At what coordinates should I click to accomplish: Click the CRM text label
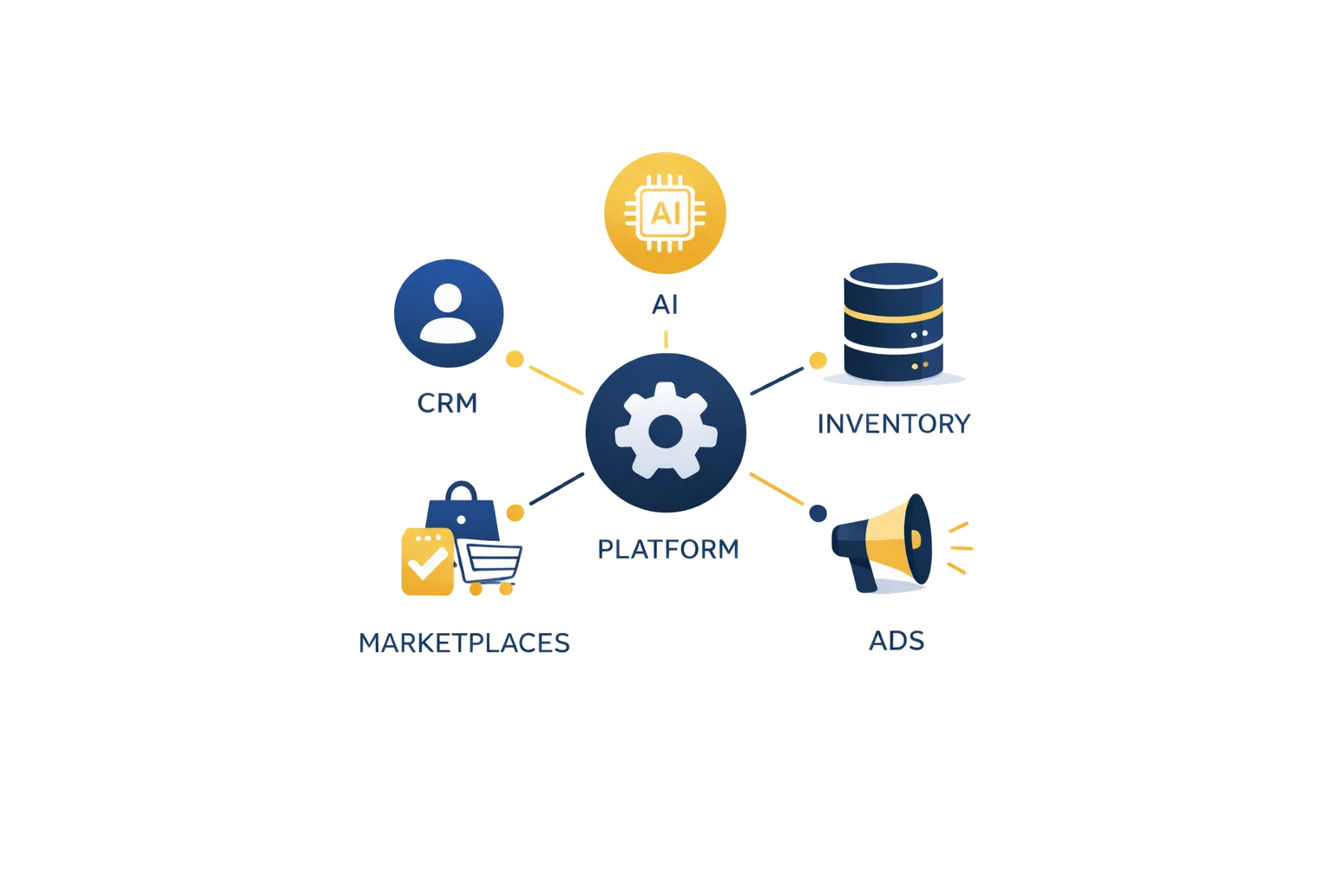coord(448,403)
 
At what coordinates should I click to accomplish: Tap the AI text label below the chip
coord(666,305)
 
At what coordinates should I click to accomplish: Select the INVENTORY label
coord(894,424)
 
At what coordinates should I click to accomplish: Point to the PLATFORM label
coord(668,549)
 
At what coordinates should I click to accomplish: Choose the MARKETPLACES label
coord(464,643)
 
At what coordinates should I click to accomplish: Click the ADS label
coord(896,641)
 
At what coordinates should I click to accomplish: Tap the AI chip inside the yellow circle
coord(666,212)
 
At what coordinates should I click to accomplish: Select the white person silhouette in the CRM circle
coord(449,314)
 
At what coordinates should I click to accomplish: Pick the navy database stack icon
coord(892,322)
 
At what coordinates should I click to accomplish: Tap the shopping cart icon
coord(491,565)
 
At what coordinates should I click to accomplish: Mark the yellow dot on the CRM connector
coord(515,358)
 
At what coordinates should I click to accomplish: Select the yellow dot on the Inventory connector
coord(818,359)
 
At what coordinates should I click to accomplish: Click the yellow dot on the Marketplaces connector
coord(515,513)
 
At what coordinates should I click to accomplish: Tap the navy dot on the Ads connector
coord(818,513)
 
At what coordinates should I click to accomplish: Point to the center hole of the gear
coord(666,431)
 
